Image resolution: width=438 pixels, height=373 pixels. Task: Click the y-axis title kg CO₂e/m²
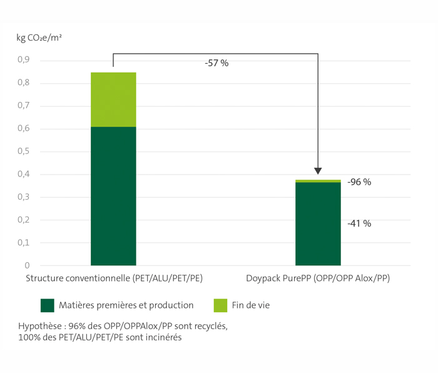coord(39,37)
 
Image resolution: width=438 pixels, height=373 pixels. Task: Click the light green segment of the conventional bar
coord(113,100)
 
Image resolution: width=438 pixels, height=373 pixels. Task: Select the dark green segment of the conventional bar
coord(113,196)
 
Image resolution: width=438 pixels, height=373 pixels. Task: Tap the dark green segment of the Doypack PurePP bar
coord(318,223)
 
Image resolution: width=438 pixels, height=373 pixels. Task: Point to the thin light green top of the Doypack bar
coord(318,181)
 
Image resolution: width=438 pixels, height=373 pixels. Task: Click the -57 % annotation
coord(216,64)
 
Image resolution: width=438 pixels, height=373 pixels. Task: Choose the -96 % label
coord(359,182)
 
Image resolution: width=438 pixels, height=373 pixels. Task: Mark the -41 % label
coord(359,223)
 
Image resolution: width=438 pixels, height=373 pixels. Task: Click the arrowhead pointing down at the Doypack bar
coord(318,170)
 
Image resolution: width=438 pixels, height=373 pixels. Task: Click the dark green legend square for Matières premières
coord(48,305)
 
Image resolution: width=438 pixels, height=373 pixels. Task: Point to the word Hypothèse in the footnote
coord(39,327)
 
